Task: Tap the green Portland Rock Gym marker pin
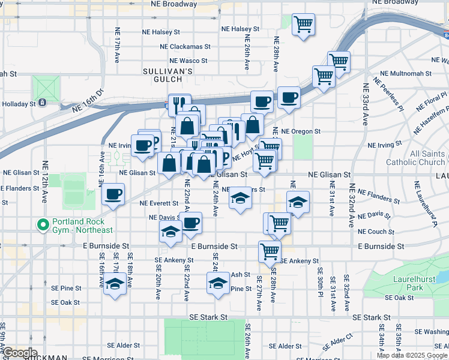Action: (43, 226)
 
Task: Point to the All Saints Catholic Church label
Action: (424, 158)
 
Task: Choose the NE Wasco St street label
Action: (188, 61)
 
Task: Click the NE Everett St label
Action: (159, 203)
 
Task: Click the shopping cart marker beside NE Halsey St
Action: (303, 25)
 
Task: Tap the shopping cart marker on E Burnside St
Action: (270, 251)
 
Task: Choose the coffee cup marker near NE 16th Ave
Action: (113, 194)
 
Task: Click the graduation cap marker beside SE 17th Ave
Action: (115, 284)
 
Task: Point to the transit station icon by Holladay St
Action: (43, 103)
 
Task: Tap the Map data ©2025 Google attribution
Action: (412, 355)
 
